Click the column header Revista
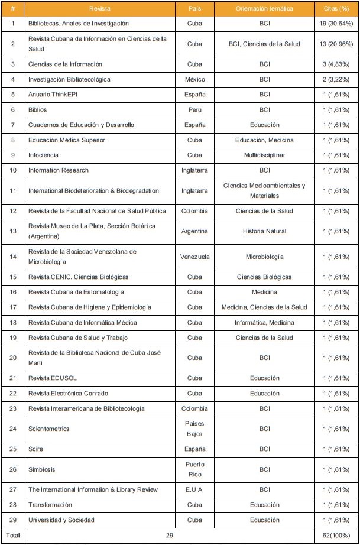point(99,9)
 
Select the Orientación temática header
point(264,9)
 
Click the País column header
point(194,9)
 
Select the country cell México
point(194,79)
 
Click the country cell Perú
point(194,109)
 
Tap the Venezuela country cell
point(194,257)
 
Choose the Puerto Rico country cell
point(194,469)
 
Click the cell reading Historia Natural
point(264,231)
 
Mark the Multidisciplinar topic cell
point(264,155)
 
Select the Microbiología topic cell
point(264,257)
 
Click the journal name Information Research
point(59,170)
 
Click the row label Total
point(12,536)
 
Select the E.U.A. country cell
point(194,489)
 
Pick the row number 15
point(12,277)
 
